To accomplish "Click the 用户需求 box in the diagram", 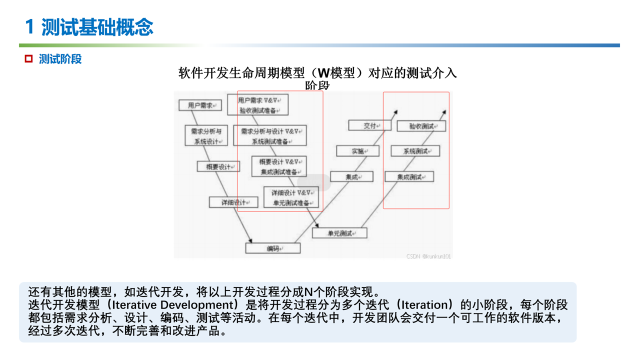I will pyautogui.click(x=200, y=105).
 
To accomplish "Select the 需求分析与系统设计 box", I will pyautogui.click(x=206, y=135).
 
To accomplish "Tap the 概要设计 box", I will pyautogui.click(x=218, y=167).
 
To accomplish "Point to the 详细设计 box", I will pyautogui.click(x=233, y=202).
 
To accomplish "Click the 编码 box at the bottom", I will pyautogui.click(x=272, y=248).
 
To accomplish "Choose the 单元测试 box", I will pyautogui.click(x=339, y=233).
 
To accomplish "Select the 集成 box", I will pyautogui.click(x=351, y=176).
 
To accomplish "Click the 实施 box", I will pyautogui.click(x=358, y=151).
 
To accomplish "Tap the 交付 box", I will pyautogui.click(x=369, y=125).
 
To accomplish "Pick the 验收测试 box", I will pyautogui.click(x=421, y=126).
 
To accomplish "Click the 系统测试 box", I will pyautogui.click(x=415, y=151).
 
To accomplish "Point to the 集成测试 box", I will pyautogui.click(x=409, y=176).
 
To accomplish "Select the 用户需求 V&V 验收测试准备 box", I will pyautogui.click(x=257, y=105).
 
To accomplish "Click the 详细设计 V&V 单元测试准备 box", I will pyautogui.click(x=291, y=197).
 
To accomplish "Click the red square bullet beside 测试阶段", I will pyautogui.click(x=29, y=59).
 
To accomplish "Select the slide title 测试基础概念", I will pyautogui.click(x=97, y=27).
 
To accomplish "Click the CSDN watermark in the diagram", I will pyautogui.click(x=428, y=256).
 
